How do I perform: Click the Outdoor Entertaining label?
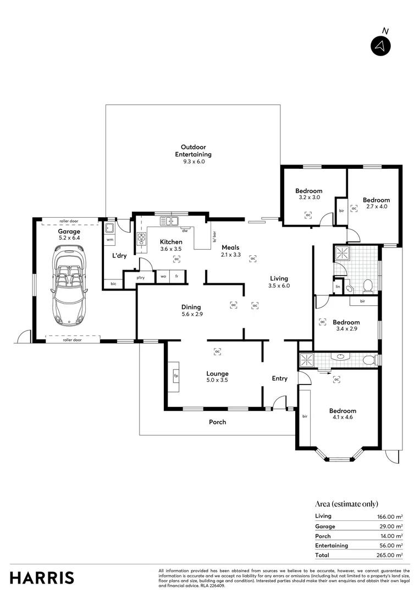pyautogui.click(x=189, y=151)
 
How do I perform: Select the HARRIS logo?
pyautogui.click(x=42, y=577)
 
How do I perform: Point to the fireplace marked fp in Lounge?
pyautogui.click(x=176, y=376)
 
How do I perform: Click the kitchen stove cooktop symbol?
pyautogui.click(x=141, y=238)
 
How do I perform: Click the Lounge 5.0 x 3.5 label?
pyautogui.click(x=217, y=377)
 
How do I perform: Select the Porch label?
pyautogui.click(x=217, y=422)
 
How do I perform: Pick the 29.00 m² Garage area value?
pyautogui.click(x=391, y=526)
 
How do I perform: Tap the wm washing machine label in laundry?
pyautogui.click(x=109, y=240)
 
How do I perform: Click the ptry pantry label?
pyautogui.click(x=141, y=278)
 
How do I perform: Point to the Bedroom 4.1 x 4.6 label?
pyautogui.click(x=342, y=414)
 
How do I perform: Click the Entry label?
pyautogui.click(x=280, y=378)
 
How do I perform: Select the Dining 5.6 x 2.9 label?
pyautogui.click(x=191, y=311)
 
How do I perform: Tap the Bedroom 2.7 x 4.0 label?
pyautogui.click(x=377, y=204)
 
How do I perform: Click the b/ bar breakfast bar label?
pyautogui.click(x=214, y=236)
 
